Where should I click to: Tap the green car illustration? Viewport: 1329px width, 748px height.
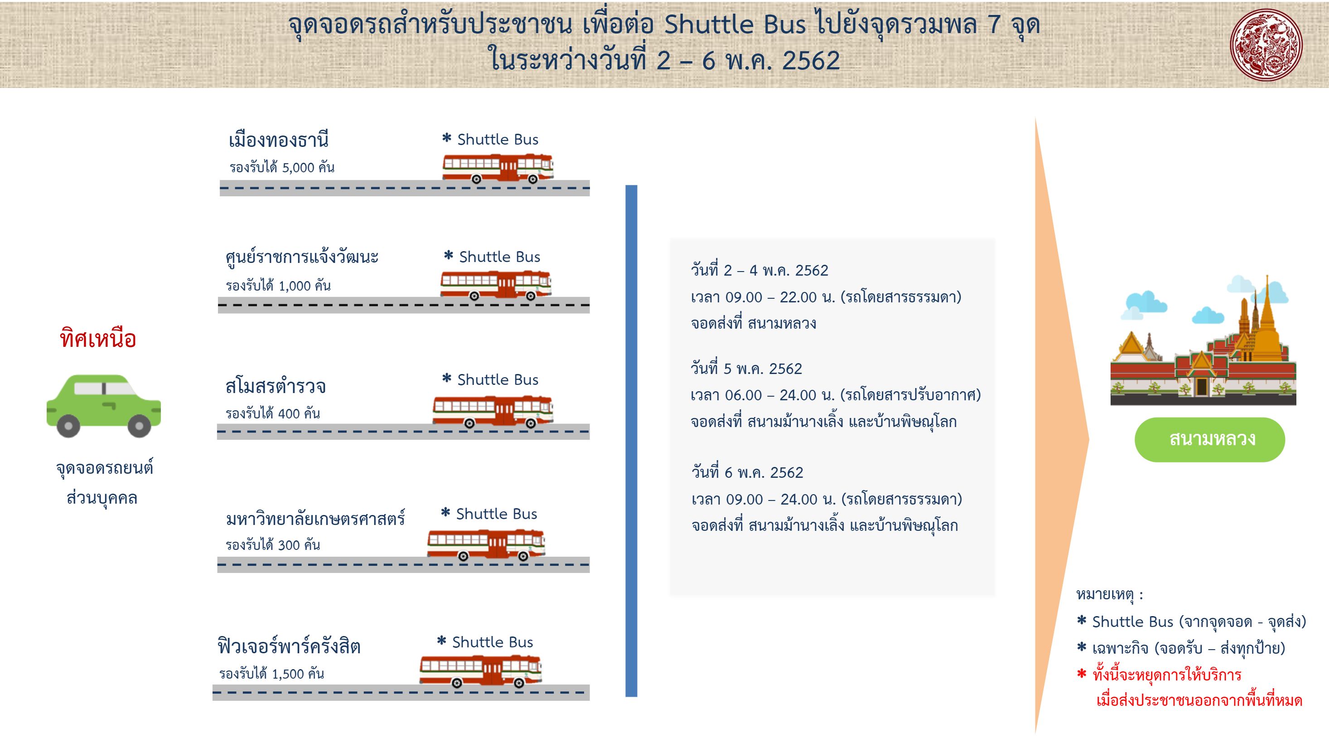(104, 405)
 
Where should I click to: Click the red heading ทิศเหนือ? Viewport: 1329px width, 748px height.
(98, 339)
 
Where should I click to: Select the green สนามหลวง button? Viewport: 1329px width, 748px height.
(1209, 439)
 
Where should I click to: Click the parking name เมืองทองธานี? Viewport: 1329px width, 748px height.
(279, 140)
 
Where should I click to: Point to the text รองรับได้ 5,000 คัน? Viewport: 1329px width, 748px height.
(282, 167)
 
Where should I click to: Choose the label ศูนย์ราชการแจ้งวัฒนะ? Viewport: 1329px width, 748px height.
(302, 257)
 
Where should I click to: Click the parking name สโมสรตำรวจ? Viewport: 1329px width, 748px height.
(275, 386)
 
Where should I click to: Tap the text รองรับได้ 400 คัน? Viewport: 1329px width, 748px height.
(272, 413)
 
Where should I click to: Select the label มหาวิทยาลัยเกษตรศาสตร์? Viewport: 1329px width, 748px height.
(315, 518)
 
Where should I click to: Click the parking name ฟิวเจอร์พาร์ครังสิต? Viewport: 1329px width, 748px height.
(289, 646)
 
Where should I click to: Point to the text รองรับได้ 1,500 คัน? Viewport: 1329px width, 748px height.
(271, 674)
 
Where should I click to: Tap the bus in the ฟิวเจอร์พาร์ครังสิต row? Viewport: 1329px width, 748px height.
(480, 670)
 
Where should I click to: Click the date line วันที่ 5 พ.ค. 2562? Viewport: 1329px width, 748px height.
(746, 369)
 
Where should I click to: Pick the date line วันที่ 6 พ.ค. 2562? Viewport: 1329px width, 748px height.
(747, 472)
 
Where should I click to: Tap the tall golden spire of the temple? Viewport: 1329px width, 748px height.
(1266, 315)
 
